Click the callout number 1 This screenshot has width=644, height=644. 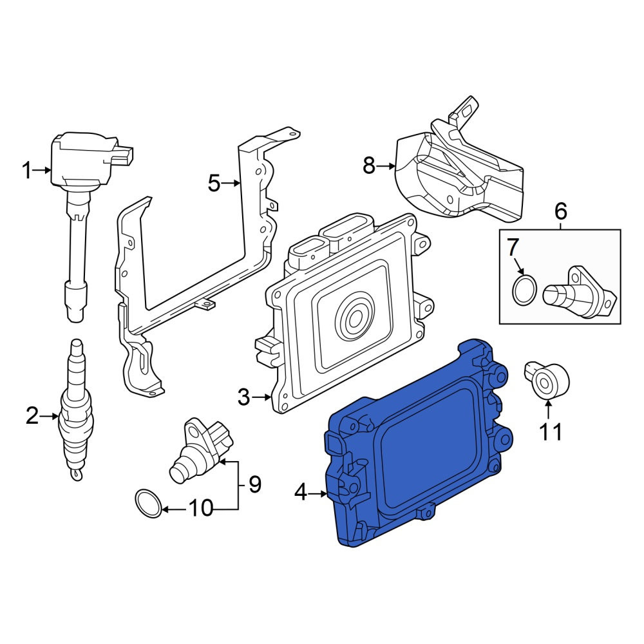coord(28,171)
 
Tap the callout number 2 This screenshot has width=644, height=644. coord(32,415)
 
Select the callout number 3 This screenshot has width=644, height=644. coord(243,397)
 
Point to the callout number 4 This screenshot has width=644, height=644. coord(301,492)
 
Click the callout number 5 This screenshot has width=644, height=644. coord(214,183)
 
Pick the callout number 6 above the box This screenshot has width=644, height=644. coord(561,211)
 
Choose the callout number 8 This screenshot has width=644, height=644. coord(369,166)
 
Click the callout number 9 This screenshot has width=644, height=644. coord(254,484)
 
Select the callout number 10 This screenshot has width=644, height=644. coord(201,509)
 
